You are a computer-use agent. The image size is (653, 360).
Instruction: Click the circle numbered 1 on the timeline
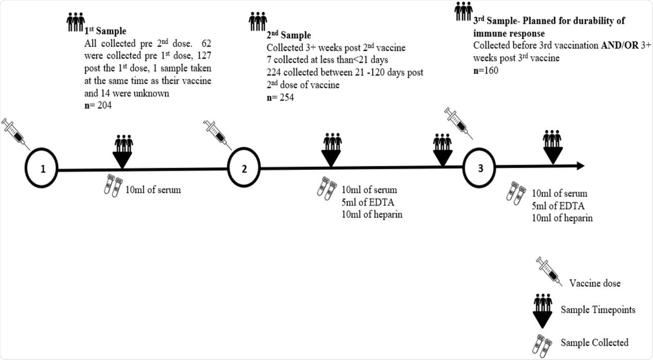[43, 169]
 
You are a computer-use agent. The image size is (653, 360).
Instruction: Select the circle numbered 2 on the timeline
[244, 169]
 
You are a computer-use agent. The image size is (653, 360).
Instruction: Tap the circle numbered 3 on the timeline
[480, 169]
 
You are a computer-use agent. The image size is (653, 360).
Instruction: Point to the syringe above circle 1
[15, 134]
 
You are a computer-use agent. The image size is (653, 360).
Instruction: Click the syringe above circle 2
[217, 135]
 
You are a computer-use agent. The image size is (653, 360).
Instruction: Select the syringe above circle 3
[458, 123]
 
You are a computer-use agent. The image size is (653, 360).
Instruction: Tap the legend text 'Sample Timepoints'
[598, 310]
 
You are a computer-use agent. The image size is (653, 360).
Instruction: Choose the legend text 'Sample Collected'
[594, 343]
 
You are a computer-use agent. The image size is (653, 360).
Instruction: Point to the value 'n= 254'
[280, 97]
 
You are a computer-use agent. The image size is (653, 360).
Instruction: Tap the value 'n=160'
[486, 70]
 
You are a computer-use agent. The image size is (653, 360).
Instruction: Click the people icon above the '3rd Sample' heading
[464, 11]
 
